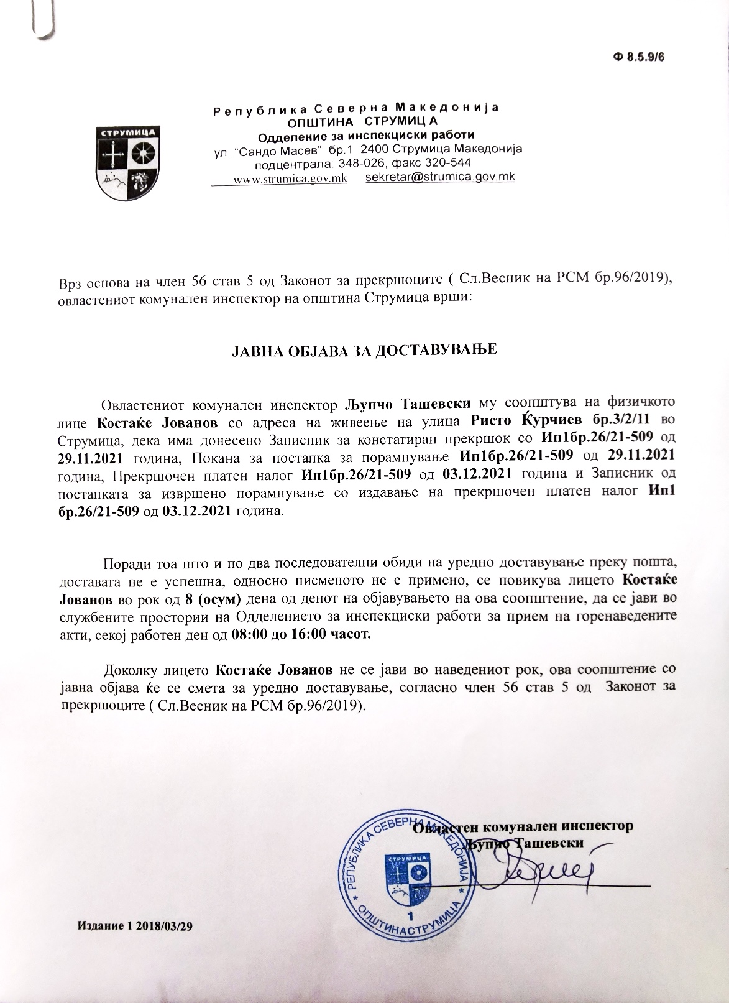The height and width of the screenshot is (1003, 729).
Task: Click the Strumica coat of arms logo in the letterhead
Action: click(128, 162)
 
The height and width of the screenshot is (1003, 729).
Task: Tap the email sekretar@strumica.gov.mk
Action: click(441, 177)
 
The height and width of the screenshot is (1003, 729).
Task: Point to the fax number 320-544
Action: click(450, 164)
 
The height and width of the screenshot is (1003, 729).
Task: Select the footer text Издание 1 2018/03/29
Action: click(135, 925)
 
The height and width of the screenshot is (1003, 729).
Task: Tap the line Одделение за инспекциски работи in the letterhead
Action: click(365, 136)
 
